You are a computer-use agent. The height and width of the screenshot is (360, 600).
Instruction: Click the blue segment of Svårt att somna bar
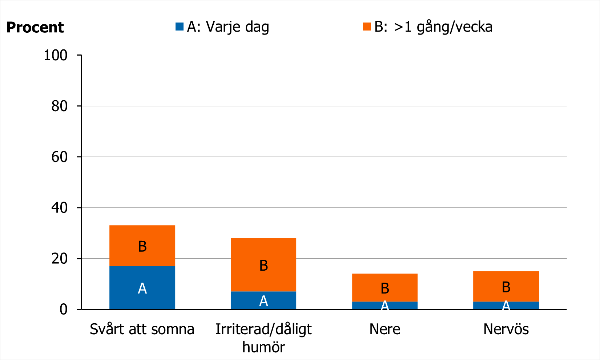click(x=142, y=288)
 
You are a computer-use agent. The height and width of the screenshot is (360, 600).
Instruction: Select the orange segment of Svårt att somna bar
click(x=142, y=246)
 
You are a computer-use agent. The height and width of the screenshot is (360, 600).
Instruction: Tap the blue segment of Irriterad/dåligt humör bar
click(x=263, y=300)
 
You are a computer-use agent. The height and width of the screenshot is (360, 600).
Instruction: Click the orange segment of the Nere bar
click(x=384, y=287)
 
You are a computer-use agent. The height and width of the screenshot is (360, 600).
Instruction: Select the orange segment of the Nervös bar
click(x=506, y=286)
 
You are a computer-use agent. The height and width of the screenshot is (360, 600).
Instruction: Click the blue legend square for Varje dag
click(x=180, y=27)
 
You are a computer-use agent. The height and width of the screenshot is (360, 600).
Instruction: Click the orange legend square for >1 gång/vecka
click(x=366, y=27)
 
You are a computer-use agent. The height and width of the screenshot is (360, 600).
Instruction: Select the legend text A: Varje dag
click(x=228, y=27)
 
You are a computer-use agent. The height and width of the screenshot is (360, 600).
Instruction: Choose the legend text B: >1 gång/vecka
click(x=433, y=27)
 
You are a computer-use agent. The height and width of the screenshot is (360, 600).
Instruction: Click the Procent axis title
click(x=35, y=28)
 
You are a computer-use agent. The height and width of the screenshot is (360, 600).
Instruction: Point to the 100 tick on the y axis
click(x=56, y=55)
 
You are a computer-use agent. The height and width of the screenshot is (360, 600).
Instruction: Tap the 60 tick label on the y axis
click(x=59, y=157)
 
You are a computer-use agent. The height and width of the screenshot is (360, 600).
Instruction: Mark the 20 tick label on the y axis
click(x=59, y=259)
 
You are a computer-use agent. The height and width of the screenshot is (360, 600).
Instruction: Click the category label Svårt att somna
click(x=142, y=329)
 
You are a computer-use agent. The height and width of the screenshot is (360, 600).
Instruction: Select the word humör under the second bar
click(x=263, y=347)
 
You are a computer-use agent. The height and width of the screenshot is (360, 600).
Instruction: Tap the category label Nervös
click(x=506, y=329)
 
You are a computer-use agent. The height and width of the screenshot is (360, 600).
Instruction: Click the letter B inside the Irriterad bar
click(x=263, y=266)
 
